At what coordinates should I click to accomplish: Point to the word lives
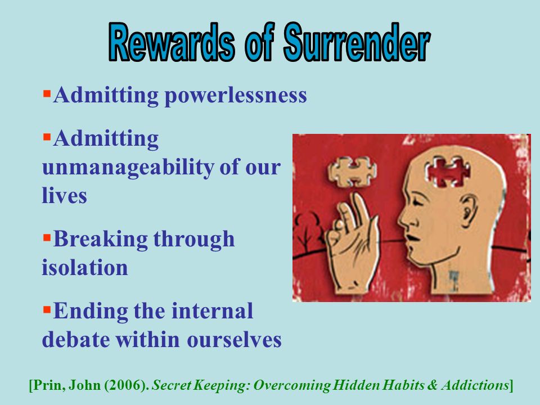pos(64,196)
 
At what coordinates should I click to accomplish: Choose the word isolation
pos(84,268)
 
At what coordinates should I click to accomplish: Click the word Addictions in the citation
pos(475,385)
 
